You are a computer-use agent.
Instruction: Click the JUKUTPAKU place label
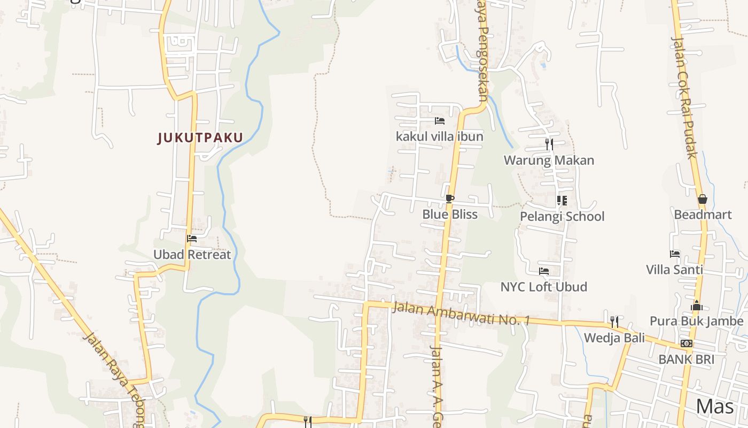click(x=200, y=137)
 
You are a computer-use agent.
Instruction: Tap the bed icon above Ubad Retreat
click(x=192, y=239)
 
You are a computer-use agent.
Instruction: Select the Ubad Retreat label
click(x=192, y=255)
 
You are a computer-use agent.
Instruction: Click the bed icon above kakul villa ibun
click(x=440, y=121)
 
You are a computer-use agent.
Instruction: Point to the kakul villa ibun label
click(x=439, y=136)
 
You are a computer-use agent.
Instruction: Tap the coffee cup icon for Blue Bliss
click(x=450, y=199)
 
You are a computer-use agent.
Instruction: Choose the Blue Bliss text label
click(x=450, y=215)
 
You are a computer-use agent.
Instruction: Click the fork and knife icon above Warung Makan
click(x=549, y=144)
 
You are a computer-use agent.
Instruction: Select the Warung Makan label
click(x=549, y=160)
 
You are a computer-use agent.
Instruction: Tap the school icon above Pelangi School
click(x=562, y=201)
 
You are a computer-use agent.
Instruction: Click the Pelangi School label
click(x=562, y=216)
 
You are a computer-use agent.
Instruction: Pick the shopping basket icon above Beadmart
click(x=703, y=199)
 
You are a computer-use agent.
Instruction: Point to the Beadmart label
click(x=703, y=215)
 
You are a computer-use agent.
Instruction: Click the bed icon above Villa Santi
click(x=675, y=254)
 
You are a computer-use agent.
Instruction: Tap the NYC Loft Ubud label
click(x=543, y=287)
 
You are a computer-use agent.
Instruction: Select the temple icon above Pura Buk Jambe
click(x=697, y=305)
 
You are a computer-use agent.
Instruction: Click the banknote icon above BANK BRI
click(x=687, y=343)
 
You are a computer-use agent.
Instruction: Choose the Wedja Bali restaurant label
click(x=614, y=338)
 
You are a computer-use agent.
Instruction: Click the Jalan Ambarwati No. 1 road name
click(x=461, y=314)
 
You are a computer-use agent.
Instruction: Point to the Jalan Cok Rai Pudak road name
click(x=684, y=96)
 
